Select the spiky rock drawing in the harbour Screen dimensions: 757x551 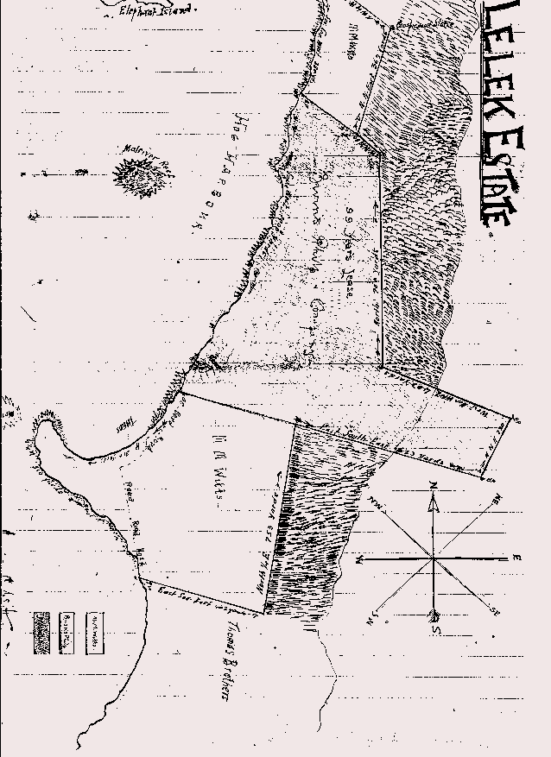(x=136, y=178)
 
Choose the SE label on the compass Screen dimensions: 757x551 (x=492, y=610)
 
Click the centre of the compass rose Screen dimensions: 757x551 (x=433, y=558)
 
